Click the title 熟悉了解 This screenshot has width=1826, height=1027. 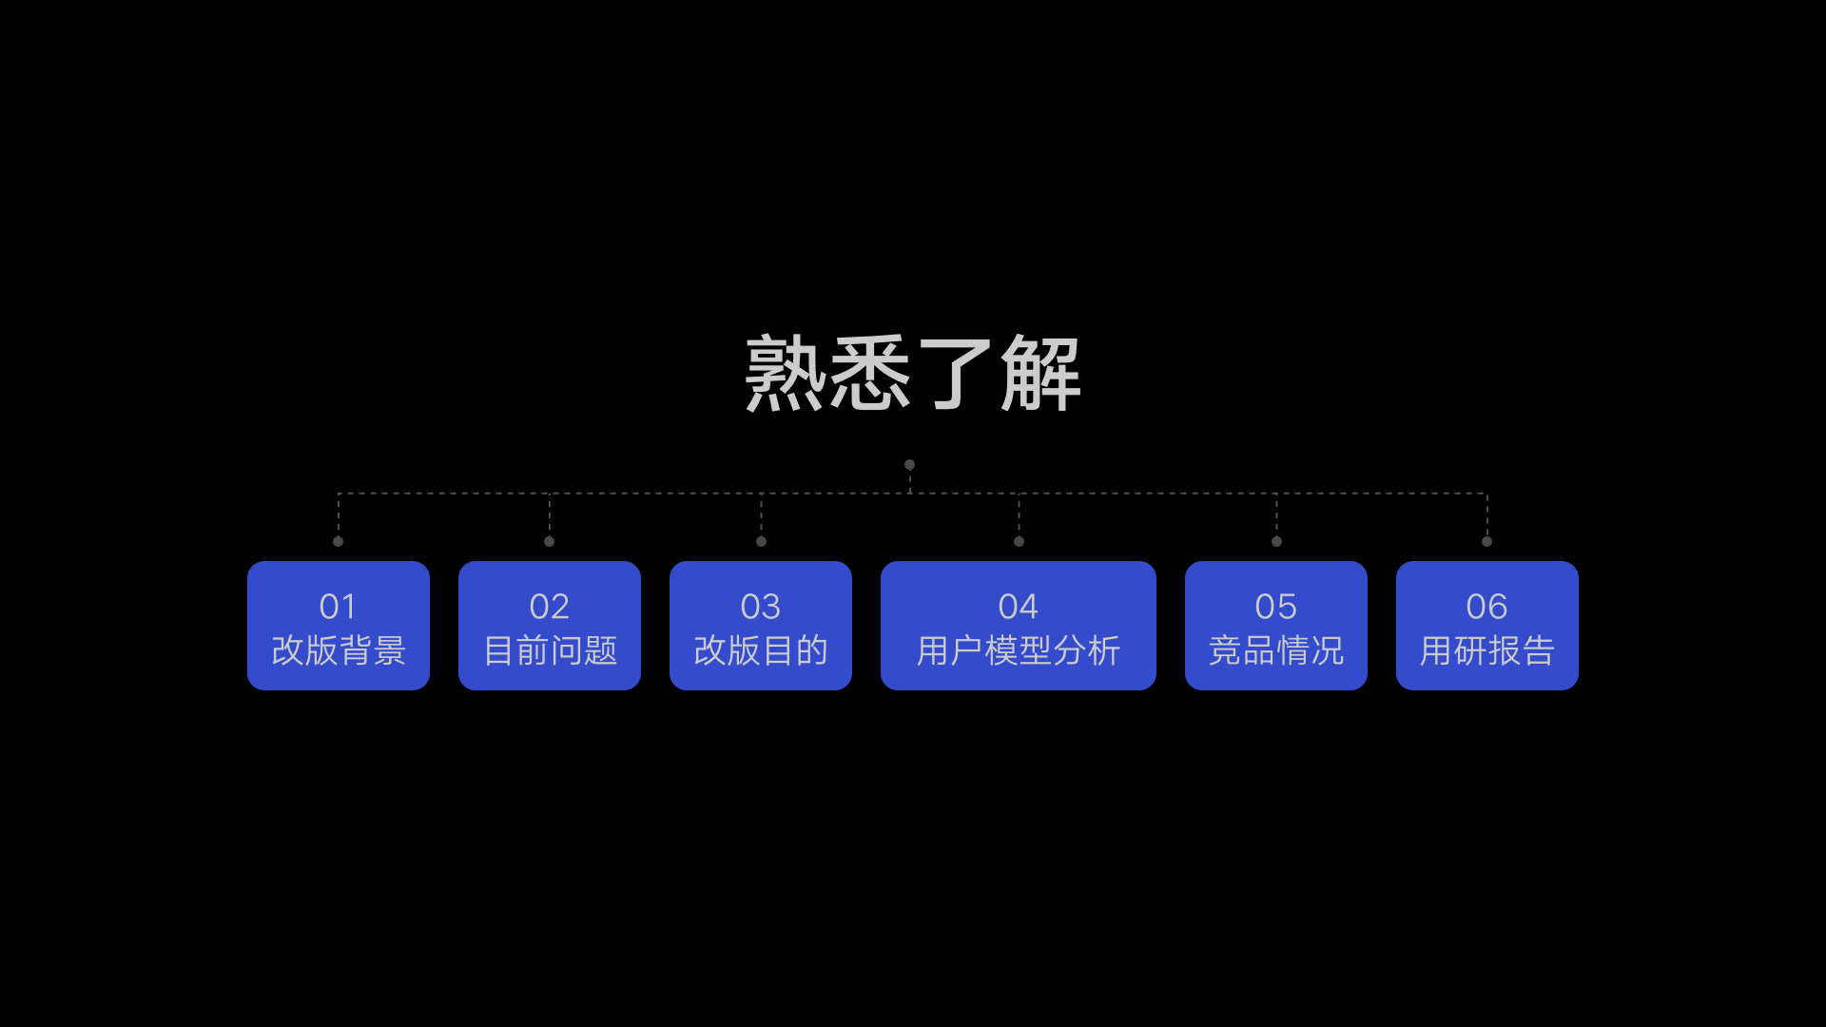pos(913,373)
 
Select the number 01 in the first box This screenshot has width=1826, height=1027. pos(338,607)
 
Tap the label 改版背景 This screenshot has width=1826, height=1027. pos(339,650)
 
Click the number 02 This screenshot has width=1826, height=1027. pos(550,607)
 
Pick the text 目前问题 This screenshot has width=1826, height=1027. pos(551,650)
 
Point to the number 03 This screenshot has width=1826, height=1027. pos(761,607)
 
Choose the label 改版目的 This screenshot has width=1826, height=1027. pos(761,650)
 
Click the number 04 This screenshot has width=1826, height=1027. pos(1019,607)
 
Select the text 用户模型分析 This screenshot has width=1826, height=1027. pos(1019,650)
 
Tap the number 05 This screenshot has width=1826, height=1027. pos(1276,607)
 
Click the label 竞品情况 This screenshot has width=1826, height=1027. pos(1276,650)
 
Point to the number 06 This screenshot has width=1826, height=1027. pos(1487,607)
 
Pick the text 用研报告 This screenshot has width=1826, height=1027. pos(1487,650)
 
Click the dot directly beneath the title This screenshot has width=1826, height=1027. pos(910,465)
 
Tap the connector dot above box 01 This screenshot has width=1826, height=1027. pos(339,541)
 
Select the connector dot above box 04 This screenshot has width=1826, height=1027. pos(1019,541)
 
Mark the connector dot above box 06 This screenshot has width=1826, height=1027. pos(1487,541)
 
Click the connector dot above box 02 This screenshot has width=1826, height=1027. pos(550,541)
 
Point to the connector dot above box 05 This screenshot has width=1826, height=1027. pos(1277,541)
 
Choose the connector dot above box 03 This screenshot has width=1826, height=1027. pos(761,541)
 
